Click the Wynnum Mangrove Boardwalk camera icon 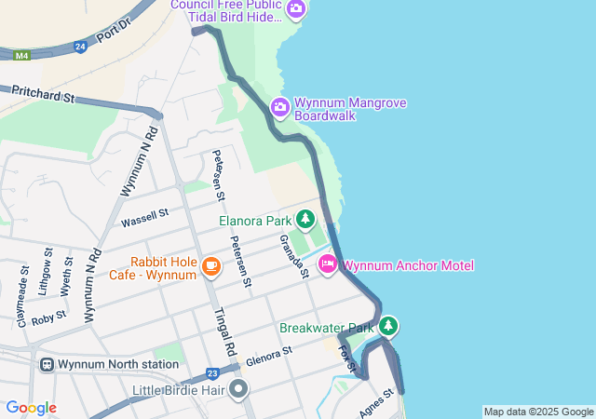click(x=280, y=109)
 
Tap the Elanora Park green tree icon click(x=305, y=221)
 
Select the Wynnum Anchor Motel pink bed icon click(x=328, y=265)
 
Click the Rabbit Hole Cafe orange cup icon click(x=210, y=268)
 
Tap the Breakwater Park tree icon click(x=388, y=327)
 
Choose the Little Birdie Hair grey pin click(x=239, y=389)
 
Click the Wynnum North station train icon click(x=46, y=364)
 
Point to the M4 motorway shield click(x=20, y=55)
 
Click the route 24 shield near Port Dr click(x=80, y=45)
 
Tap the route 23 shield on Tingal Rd click(x=213, y=373)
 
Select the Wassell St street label click(x=143, y=218)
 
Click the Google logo click(x=32, y=408)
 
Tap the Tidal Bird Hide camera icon click(x=296, y=9)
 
